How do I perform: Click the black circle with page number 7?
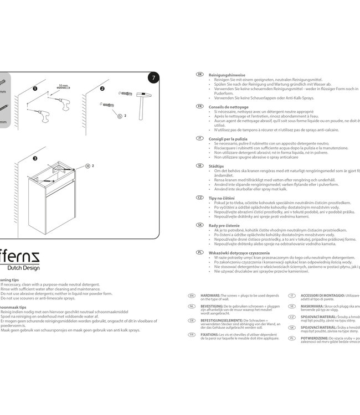[x=154, y=78]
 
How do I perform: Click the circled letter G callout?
[x=119, y=115]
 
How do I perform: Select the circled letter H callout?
[x=88, y=166]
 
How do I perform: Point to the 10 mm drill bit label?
[x=63, y=86]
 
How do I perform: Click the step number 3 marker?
[x=35, y=158]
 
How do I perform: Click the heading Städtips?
[x=217, y=165]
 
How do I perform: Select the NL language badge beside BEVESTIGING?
[x=192, y=306]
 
